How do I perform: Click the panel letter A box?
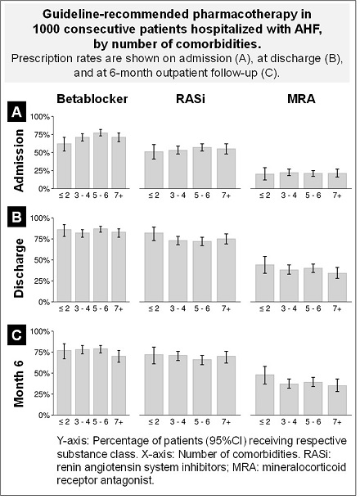[16, 112]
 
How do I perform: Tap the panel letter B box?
[16, 218]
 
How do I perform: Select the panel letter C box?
[16, 335]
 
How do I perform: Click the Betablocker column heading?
[92, 99]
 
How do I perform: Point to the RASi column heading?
[191, 99]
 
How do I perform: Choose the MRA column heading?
[301, 99]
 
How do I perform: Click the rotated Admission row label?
[19, 160]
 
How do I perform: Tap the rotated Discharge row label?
[19, 268]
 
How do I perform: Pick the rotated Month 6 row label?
[19, 380]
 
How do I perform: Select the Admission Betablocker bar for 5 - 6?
[101, 160]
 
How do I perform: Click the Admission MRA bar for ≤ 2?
[265, 181]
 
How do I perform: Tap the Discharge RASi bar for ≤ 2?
[154, 267]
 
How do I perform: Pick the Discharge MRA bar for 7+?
[337, 287]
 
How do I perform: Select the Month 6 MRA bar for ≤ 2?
[265, 395]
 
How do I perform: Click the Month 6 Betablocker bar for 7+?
[119, 386]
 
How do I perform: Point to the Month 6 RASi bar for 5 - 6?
[202, 387]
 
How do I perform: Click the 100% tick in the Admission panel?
[40, 117]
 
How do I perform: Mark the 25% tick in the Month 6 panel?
[42, 394]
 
